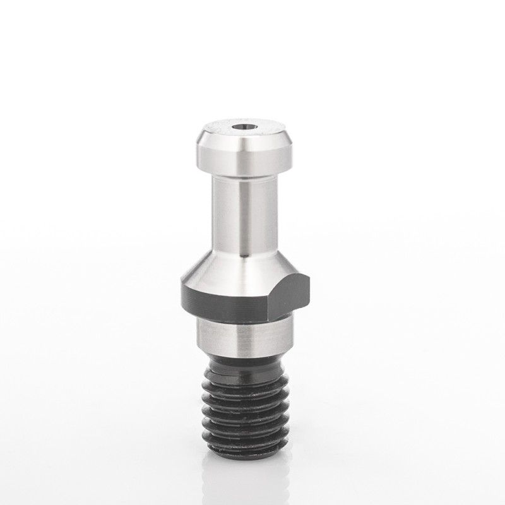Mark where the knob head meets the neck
pos(242,176)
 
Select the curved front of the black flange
pos(227,299)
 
